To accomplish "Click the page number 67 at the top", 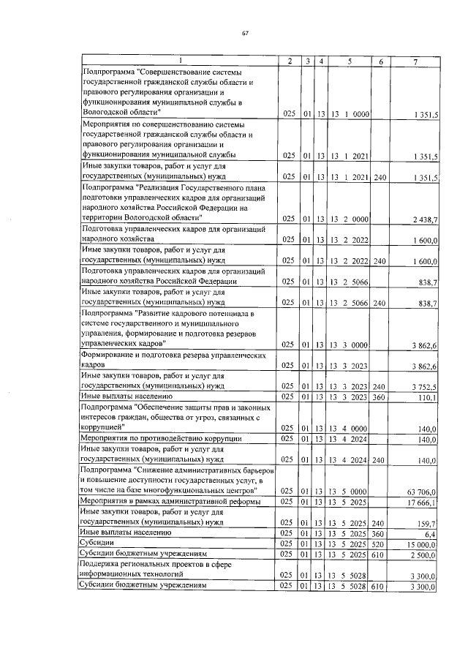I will point(245,34).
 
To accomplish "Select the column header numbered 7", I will point(415,61).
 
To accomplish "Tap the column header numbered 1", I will point(179,61).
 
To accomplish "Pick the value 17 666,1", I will point(422,502).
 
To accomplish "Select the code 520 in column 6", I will point(378,544).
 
